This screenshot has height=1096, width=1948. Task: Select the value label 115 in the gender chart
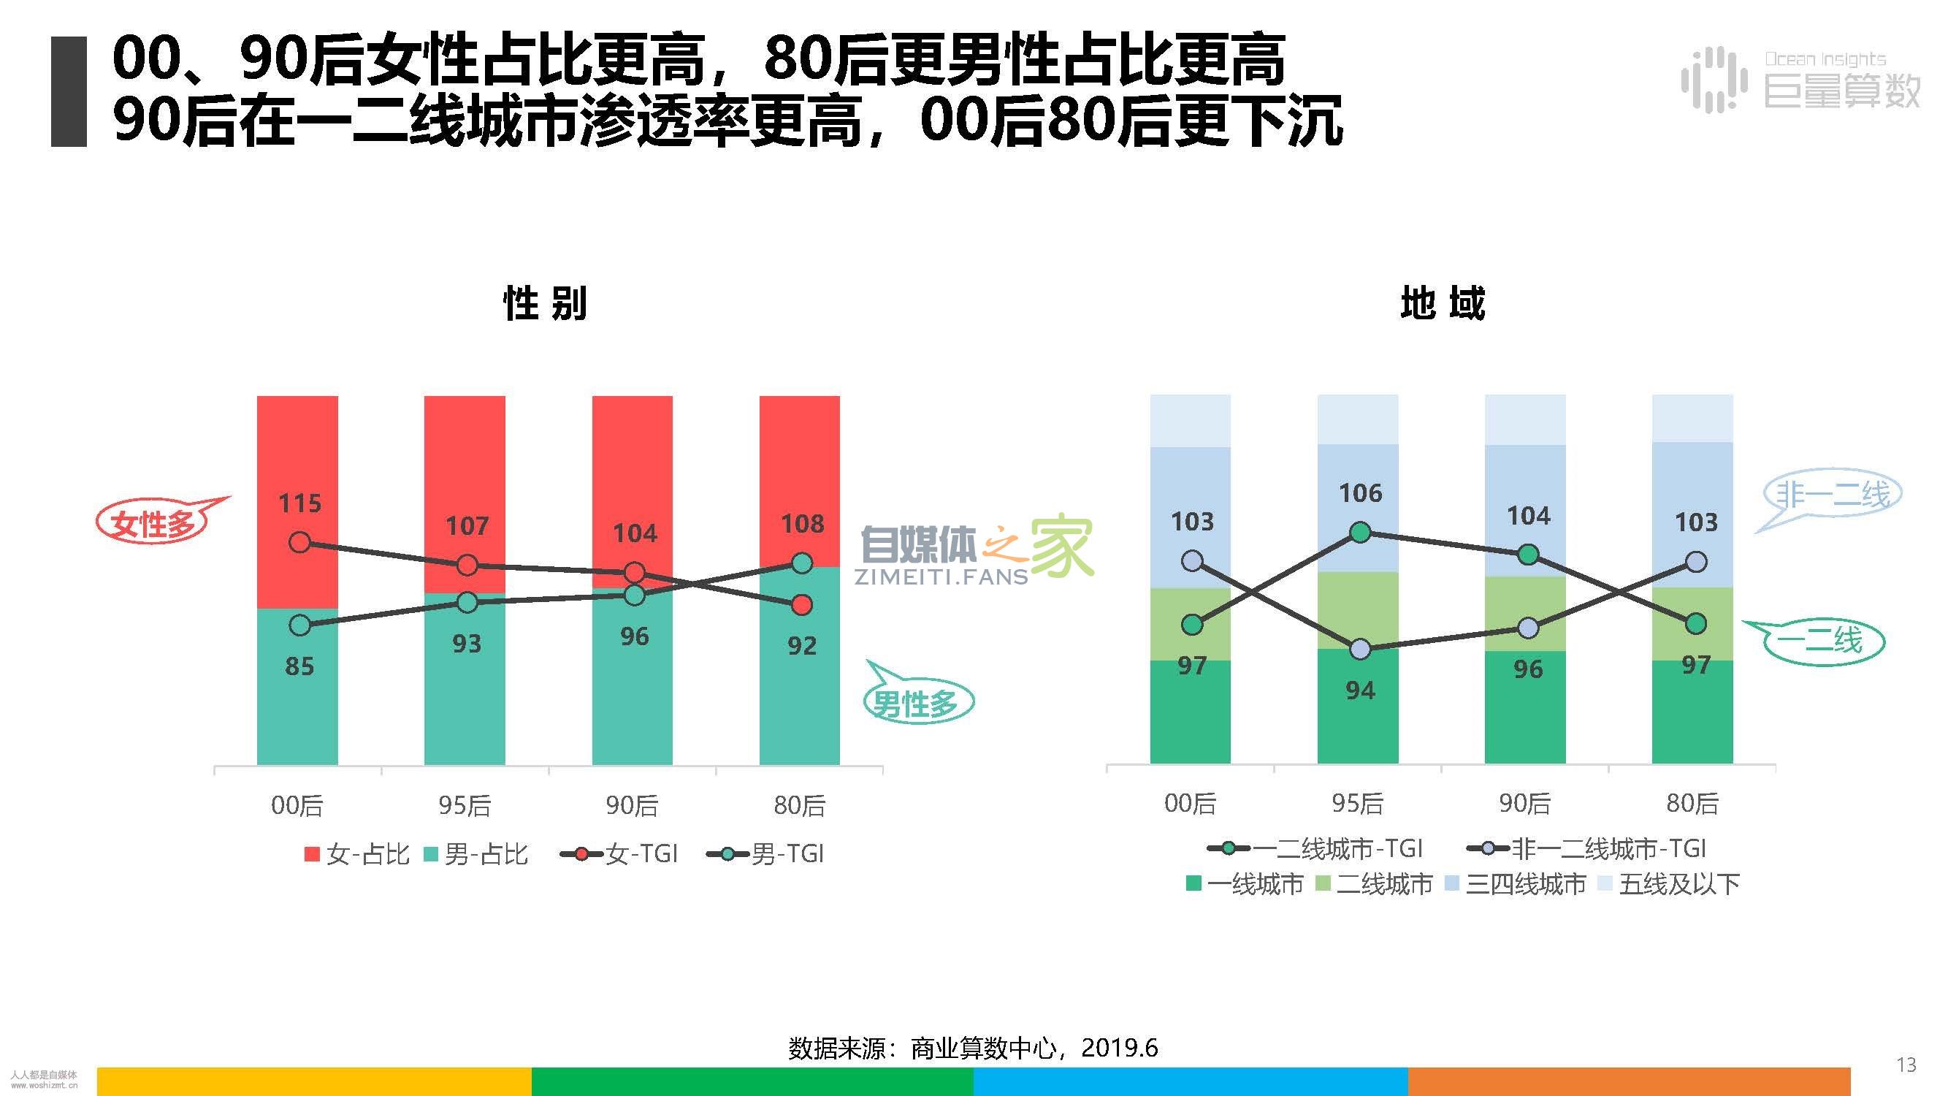tap(299, 503)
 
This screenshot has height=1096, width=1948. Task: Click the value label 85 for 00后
tap(299, 666)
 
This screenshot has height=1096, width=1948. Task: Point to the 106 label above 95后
tap(1361, 493)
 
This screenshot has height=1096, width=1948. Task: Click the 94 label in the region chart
tap(1361, 690)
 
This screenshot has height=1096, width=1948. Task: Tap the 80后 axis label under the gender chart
tap(799, 805)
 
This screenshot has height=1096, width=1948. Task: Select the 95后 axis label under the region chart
tap(1358, 803)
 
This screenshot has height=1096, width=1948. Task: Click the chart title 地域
tap(1443, 303)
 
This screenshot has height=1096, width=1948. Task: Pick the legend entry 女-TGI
tap(620, 854)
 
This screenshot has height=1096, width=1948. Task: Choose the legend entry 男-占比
tap(476, 854)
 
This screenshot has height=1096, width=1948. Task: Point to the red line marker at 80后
tap(801, 605)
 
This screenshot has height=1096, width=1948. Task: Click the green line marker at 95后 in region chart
tap(1361, 533)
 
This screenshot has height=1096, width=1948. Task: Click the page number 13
tap(1906, 1065)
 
